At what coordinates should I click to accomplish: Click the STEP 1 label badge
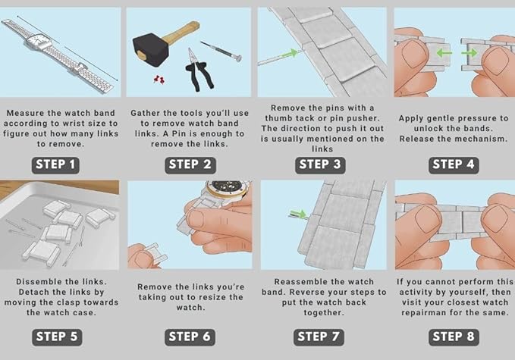coord(55,164)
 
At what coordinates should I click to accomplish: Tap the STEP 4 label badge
coord(454,164)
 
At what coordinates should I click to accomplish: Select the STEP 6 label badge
coord(190,337)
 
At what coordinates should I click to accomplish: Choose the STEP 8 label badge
coord(454,337)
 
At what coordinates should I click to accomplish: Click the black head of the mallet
coord(150,49)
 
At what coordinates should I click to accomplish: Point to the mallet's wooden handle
coord(181,32)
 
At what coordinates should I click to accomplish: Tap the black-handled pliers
coord(199,71)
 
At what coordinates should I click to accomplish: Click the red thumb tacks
coord(159,79)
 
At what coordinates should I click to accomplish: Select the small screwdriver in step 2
coord(221,51)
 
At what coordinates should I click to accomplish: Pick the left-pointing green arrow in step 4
coord(444,52)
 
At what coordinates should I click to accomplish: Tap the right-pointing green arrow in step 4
coord(469,52)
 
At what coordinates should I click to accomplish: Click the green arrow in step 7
coord(298,214)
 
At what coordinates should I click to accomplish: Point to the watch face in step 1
coord(38,42)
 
